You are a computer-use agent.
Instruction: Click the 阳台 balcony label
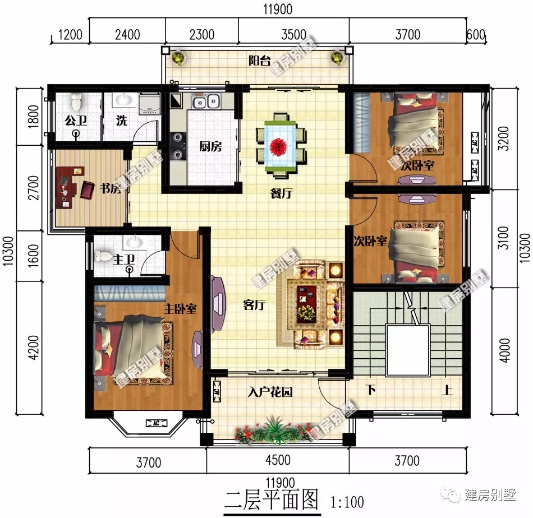coord(259,61)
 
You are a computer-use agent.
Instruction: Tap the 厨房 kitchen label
coord(210,147)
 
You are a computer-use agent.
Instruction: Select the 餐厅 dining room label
coord(281,194)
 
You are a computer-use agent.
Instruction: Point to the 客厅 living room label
coord(254,306)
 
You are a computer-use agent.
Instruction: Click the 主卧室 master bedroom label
coord(180,308)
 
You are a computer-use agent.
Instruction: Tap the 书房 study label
coord(110,189)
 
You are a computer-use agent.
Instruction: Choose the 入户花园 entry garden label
coord(270,392)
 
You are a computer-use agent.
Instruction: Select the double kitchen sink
coord(206,102)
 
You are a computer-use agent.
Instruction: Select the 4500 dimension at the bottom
coord(278,460)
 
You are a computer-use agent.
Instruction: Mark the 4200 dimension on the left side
coord(33,348)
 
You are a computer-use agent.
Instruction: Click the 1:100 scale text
coord(347,501)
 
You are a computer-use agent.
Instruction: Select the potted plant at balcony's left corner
coord(178,57)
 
